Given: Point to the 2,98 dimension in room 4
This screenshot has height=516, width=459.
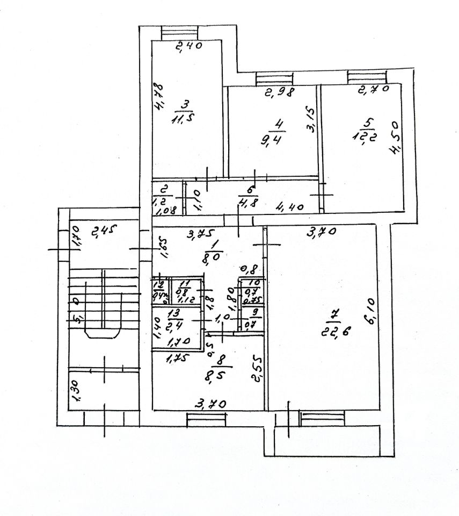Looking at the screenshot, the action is click(x=279, y=92).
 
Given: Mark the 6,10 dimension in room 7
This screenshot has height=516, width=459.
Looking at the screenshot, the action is click(x=370, y=312).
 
